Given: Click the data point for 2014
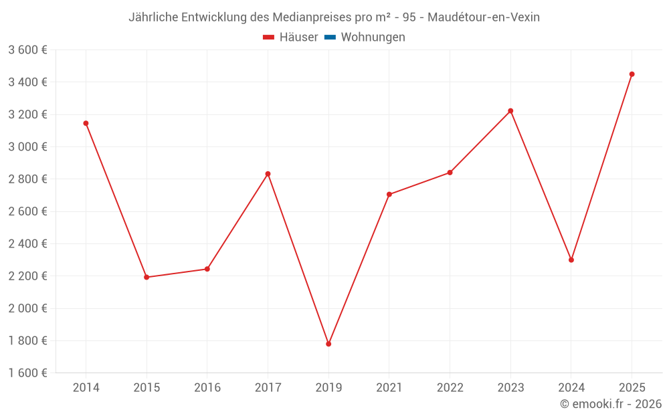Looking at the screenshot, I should pyautogui.click(x=86, y=123).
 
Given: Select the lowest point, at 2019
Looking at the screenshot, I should pyautogui.click(x=328, y=344).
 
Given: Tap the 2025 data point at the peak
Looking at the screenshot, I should pyautogui.click(x=632, y=74).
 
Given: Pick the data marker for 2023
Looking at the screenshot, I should pyautogui.click(x=510, y=111).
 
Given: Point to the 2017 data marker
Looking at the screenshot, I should pyautogui.click(x=268, y=174).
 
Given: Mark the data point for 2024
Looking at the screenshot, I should pyautogui.click(x=571, y=259).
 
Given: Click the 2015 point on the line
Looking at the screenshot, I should pyautogui.click(x=147, y=277).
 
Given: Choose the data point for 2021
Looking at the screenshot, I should pyautogui.click(x=389, y=195).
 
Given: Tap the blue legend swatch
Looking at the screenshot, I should pyautogui.click(x=330, y=37).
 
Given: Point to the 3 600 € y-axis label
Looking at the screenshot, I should pyautogui.click(x=27, y=50).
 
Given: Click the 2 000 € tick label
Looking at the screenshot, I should pyautogui.click(x=27, y=308).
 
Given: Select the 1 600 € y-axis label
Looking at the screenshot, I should pyautogui.click(x=27, y=373).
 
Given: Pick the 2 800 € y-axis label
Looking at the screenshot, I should pyautogui.click(x=27, y=179).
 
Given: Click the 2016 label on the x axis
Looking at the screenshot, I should pyautogui.click(x=207, y=387).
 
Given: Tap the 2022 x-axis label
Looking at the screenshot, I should pyautogui.click(x=450, y=387).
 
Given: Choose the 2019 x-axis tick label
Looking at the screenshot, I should pyautogui.click(x=328, y=387).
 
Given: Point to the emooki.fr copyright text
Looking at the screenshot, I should pyautogui.click(x=611, y=404).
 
